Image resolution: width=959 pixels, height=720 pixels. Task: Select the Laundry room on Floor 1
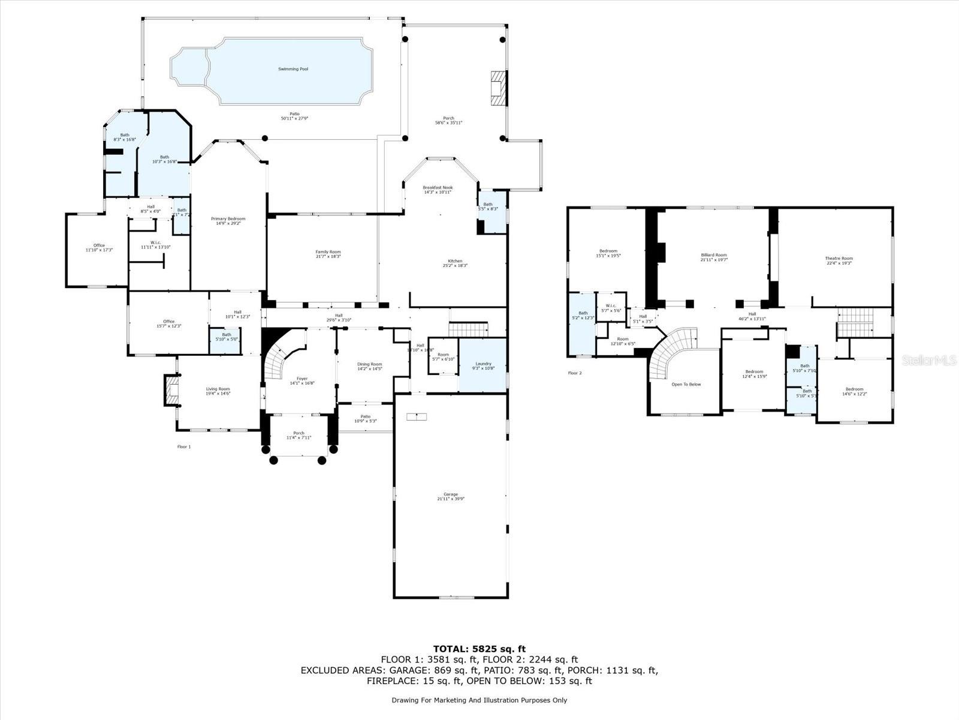[x=483, y=365]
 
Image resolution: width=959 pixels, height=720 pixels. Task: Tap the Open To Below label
[x=686, y=384]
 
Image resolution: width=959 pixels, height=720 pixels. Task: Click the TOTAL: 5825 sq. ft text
[x=479, y=649]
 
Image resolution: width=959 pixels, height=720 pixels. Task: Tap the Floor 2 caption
[x=575, y=373]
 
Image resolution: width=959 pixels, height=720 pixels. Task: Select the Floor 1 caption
[x=184, y=446]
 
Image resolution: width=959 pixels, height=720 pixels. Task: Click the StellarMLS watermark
[x=929, y=360]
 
